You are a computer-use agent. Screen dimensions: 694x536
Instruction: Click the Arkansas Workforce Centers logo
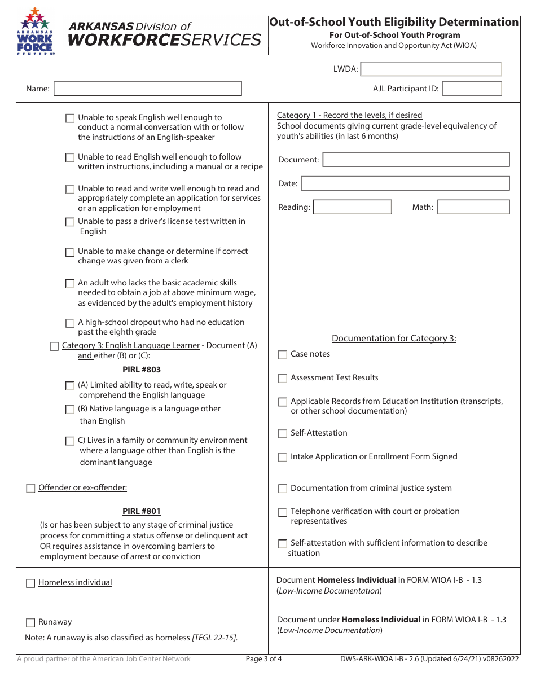click(36, 32)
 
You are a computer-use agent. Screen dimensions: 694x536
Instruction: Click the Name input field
click(147, 89)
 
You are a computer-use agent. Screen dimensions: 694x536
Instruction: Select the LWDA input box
click(431, 69)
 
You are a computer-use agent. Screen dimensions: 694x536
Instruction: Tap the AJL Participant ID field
click(472, 89)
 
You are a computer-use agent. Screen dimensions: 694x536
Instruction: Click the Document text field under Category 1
click(416, 160)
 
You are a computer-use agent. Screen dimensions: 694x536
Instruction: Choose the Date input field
click(405, 183)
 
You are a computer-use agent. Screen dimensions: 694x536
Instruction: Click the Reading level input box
click(352, 207)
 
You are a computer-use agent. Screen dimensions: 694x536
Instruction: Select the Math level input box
click(473, 207)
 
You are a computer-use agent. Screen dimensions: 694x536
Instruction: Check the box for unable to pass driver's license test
click(70, 222)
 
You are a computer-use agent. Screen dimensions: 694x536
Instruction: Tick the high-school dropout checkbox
click(70, 323)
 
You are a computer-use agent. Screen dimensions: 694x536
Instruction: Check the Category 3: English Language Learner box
click(54, 346)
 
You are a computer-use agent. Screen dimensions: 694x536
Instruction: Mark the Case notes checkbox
click(283, 355)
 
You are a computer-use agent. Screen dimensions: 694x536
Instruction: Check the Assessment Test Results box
click(283, 379)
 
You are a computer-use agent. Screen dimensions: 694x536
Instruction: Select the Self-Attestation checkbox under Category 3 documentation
click(283, 434)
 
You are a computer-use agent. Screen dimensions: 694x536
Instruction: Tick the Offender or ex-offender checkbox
click(30, 489)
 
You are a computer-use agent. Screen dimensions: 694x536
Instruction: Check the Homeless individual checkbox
click(30, 583)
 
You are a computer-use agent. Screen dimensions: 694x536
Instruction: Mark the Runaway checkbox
click(30, 623)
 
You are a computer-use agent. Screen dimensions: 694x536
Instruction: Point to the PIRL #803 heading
click(142, 370)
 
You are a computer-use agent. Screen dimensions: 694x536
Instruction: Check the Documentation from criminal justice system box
click(283, 489)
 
